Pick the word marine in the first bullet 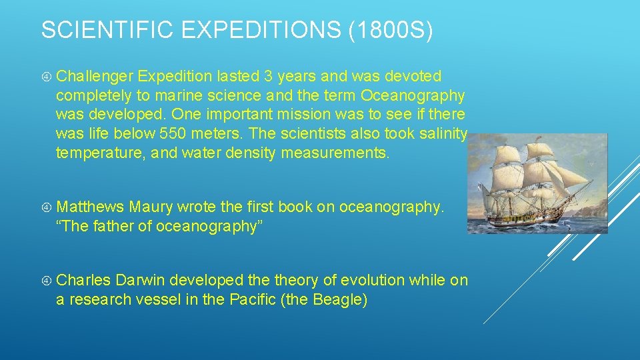(x=178, y=96)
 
